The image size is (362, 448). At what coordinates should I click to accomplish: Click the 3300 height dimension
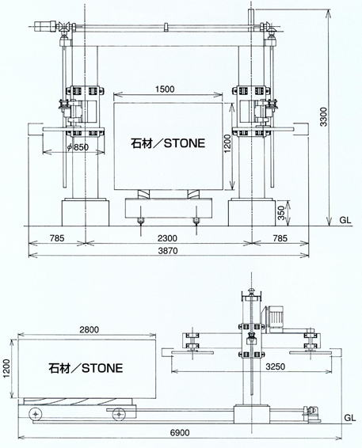point(323,116)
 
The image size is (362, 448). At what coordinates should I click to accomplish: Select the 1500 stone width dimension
point(165,89)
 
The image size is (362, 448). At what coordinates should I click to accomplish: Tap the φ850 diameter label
point(78,147)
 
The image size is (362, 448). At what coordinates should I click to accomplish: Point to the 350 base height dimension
point(282,213)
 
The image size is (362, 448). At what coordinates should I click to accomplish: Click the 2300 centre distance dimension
point(168,238)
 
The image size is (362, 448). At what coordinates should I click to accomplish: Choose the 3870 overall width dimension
point(168,251)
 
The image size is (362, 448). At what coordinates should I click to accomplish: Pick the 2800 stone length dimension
point(90,329)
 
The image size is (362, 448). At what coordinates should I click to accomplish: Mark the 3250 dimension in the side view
point(275,366)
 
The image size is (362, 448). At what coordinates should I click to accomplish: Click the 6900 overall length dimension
point(180,433)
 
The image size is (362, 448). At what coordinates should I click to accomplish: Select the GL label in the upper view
point(345,220)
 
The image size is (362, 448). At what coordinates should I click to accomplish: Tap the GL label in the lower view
point(349,418)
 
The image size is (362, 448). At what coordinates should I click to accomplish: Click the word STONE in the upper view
point(185,143)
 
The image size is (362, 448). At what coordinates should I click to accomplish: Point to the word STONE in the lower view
point(102,368)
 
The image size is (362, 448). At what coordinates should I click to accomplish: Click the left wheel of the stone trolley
point(35,414)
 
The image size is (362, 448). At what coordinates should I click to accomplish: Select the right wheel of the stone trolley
point(118,414)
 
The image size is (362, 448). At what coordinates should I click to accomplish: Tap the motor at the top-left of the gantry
point(46,26)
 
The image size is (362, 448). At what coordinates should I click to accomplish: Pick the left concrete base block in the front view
point(86,213)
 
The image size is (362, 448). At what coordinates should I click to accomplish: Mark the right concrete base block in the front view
point(252,213)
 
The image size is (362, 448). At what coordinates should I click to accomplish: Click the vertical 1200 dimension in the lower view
point(6,369)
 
